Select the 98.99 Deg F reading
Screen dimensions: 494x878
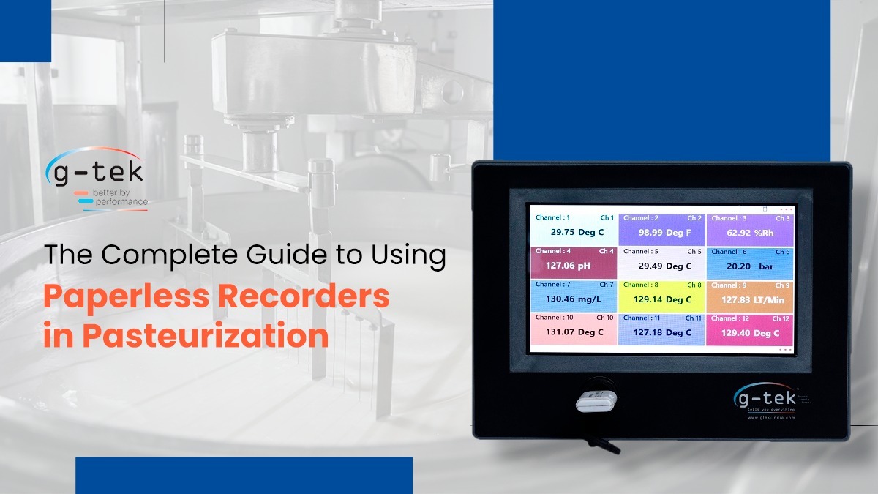664,233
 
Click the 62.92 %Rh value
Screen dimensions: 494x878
751,233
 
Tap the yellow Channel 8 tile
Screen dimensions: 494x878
662,296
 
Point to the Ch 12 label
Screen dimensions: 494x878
780,318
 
